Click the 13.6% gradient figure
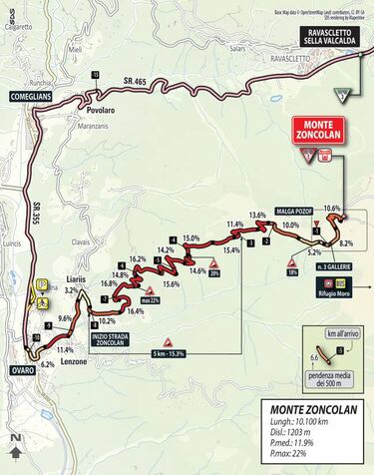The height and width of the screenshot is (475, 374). [257, 215]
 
